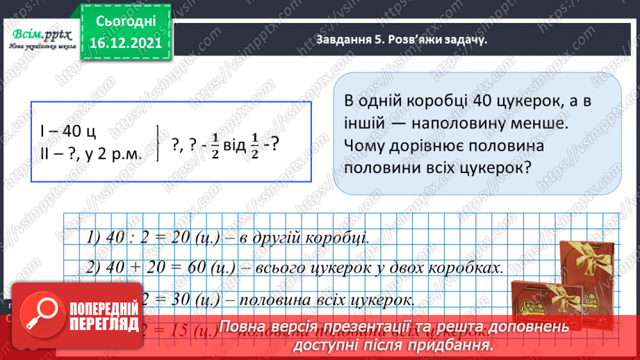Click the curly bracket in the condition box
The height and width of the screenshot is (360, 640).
coord(159,142)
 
